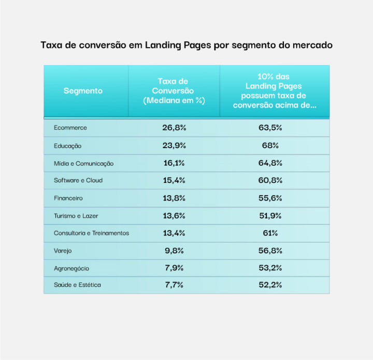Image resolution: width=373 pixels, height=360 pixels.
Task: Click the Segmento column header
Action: pyautogui.click(x=83, y=91)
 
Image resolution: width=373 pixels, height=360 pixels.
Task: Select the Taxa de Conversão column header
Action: pyautogui.click(x=174, y=91)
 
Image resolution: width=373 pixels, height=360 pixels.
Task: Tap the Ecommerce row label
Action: pyautogui.click(x=70, y=128)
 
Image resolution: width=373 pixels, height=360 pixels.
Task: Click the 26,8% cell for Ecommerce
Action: pyautogui.click(x=174, y=128)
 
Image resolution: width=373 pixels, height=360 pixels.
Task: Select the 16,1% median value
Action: pyautogui.click(x=174, y=163)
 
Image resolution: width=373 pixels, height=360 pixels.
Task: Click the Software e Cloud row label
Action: pyautogui.click(x=78, y=180)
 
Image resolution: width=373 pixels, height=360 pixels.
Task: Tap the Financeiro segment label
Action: pyautogui.click(x=68, y=198)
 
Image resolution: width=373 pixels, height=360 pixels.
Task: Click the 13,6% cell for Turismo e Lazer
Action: pyautogui.click(x=174, y=215)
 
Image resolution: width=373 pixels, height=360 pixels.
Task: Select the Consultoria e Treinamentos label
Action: pyautogui.click(x=91, y=233)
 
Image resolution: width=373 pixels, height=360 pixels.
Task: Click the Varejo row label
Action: pyautogui.click(x=63, y=251)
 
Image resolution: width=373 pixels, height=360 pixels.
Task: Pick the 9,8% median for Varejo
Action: pyautogui.click(x=174, y=251)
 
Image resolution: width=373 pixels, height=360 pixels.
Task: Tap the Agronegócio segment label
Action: pyautogui.click(x=71, y=268)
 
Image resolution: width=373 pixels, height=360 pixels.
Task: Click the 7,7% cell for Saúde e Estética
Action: pyautogui.click(x=174, y=285)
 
